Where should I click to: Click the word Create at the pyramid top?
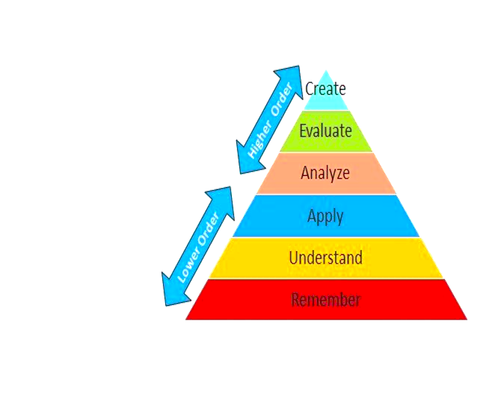[326, 89]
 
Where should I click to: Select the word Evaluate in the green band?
[326, 131]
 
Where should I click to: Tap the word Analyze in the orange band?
[325, 173]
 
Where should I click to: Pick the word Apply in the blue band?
[325, 217]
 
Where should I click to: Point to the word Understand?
[326, 258]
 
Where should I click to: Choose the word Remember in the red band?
[326, 300]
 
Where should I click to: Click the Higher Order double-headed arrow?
[270, 120]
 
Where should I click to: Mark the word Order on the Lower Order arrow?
[207, 229]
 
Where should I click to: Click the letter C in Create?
[310, 89]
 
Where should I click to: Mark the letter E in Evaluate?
[303, 131]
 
